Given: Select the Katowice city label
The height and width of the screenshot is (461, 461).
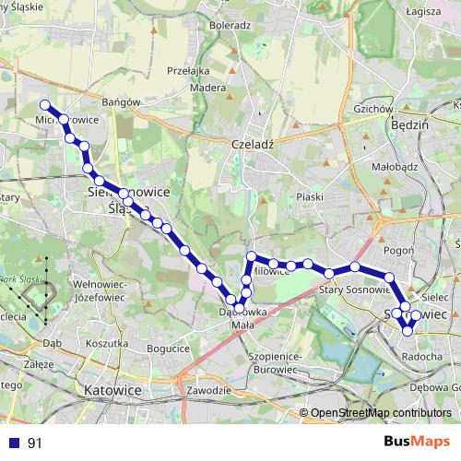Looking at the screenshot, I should tap(112, 391).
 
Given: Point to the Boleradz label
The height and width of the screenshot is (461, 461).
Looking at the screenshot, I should tap(230, 26).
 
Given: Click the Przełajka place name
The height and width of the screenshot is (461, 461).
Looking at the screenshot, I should tap(187, 70).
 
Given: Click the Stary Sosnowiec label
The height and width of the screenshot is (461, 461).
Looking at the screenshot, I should tap(350, 290).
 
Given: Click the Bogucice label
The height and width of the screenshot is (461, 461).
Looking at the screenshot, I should tap(168, 348).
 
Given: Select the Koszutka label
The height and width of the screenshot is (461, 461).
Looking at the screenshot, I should tap(105, 343).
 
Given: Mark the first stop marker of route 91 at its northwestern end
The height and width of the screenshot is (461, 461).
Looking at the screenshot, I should tap(44, 104).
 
